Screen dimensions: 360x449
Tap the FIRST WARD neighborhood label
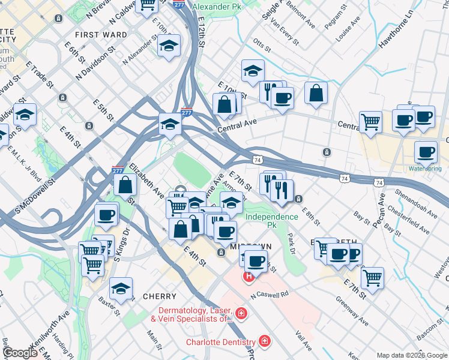tap(101, 35)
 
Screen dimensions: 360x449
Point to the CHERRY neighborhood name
tap(160, 296)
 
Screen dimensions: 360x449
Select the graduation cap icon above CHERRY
tap(121, 289)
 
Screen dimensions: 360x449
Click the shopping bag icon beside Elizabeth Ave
tap(126, 185)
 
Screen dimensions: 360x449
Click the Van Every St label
tap(285, 32)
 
